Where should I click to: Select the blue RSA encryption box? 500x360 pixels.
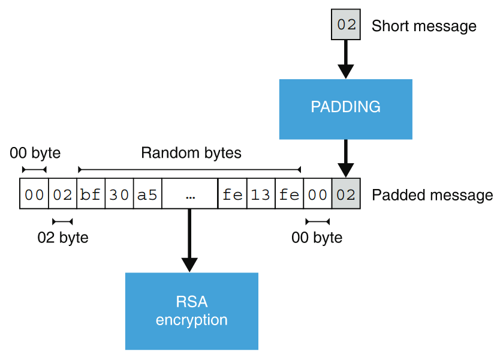pos(191,311)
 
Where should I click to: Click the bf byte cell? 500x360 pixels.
pos(91,194)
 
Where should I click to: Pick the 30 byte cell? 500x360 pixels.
pos(119,194)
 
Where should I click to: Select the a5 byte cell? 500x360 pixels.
pos(147,194)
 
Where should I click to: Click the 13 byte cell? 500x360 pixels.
pos(261,194)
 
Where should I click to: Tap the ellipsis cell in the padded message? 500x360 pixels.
pos(189,194)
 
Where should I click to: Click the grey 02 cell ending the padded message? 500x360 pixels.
pos(346,194)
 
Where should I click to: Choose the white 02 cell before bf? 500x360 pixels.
pos(62,194)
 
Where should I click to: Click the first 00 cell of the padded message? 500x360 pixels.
pos(34,194)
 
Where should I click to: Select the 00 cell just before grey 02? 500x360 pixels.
pos(317,194)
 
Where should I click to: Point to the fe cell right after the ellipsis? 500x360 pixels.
pos(232,194)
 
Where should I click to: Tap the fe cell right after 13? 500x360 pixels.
pos(289,194)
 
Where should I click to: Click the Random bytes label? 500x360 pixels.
pos(191,153)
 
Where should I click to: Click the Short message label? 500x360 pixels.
pos(423,26)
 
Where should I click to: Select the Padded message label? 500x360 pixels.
pos(432,195)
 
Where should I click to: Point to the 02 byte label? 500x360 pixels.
pos(62,238)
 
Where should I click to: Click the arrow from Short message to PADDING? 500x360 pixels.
pos(346,60)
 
